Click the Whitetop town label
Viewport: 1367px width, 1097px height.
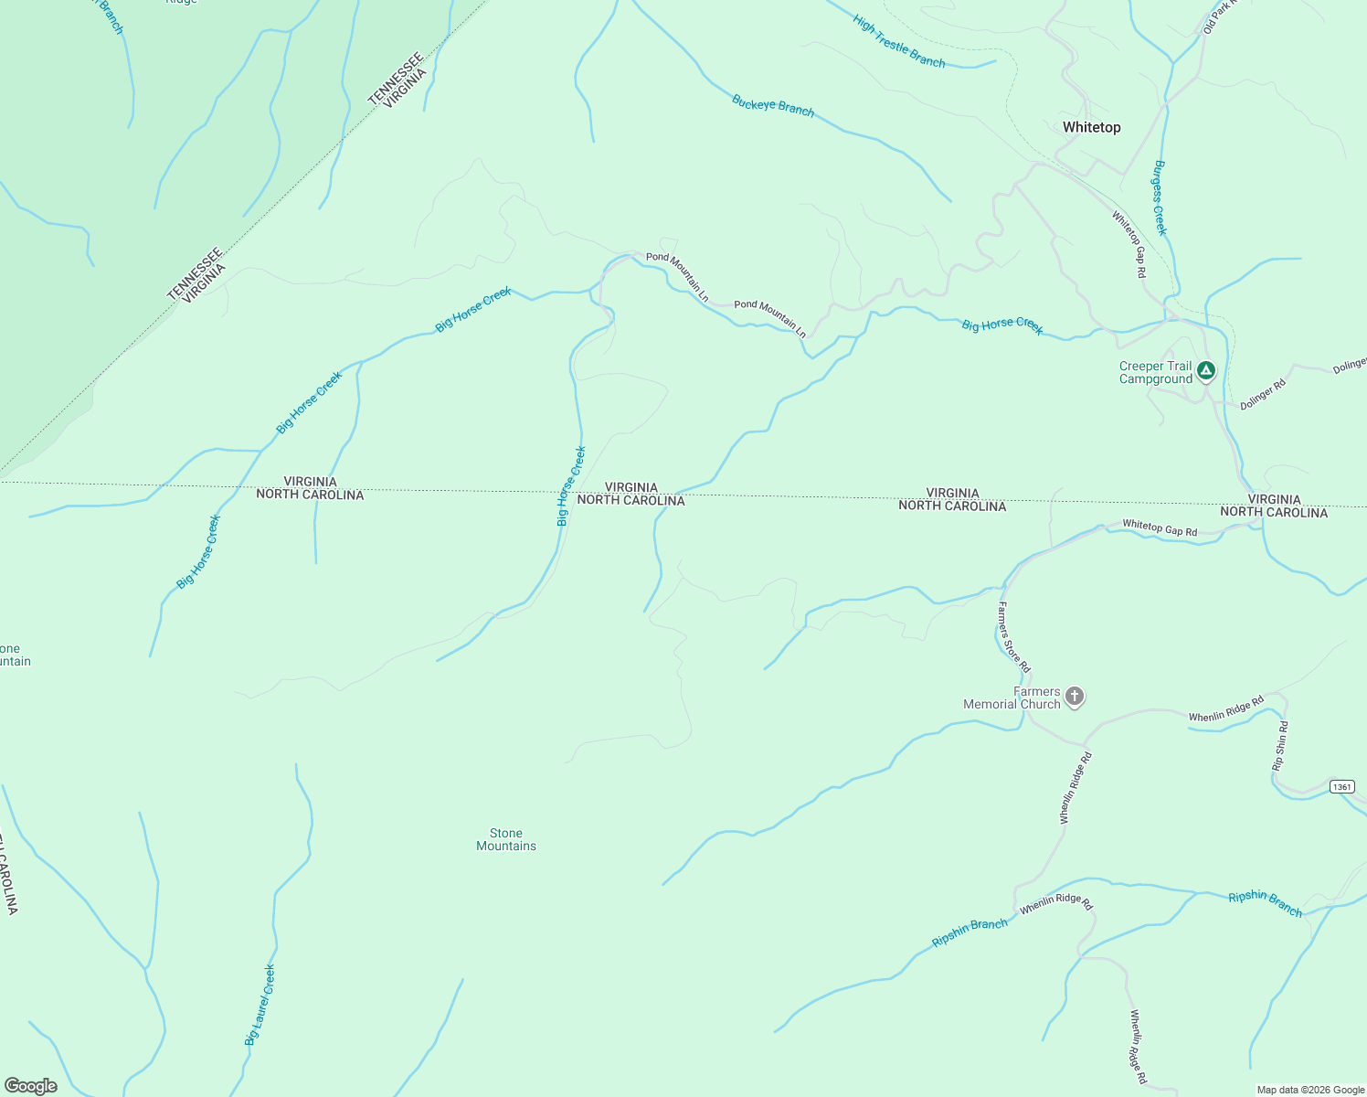click(x=1091, y=128)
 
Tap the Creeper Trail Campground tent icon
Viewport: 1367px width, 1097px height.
click(x=1206, y=371)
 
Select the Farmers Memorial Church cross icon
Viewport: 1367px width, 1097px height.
click(x=1075, y=698)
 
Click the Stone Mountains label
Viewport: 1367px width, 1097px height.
click(x=506, y=839)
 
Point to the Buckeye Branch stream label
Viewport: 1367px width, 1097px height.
click(x=773, y=106)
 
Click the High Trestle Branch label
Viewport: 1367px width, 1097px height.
click(x=899, y=41)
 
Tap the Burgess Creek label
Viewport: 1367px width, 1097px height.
click(x=1160, y=197)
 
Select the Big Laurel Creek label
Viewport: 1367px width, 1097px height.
click(x=260, y=1005)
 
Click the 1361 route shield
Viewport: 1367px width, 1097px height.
click(x=1341, y=787)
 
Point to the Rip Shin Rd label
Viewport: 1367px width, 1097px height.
click(x=1280, y=746)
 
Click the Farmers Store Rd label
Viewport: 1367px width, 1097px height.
click(x=1013, y=637)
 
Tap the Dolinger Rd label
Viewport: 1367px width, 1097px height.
click(x=1263, y=394)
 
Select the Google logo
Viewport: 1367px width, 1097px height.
click(x=30, y=1086)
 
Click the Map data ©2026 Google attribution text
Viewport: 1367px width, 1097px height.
click(x=1310, y=1090)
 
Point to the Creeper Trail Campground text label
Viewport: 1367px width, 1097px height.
click(x=1156, y=373)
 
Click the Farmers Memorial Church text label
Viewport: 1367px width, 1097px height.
click(x=1012, y=698)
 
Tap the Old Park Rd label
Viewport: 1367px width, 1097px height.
click(x=1219, y=17)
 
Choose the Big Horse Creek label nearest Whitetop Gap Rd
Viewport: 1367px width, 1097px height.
click(x=1002, y=326)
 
